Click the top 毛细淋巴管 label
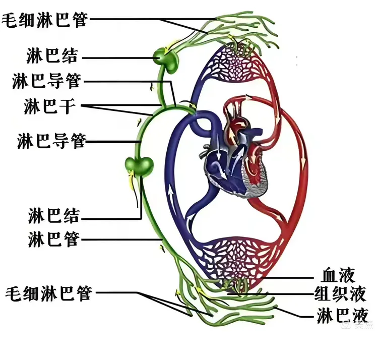coord(45,20)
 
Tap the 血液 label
coord(338,275)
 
